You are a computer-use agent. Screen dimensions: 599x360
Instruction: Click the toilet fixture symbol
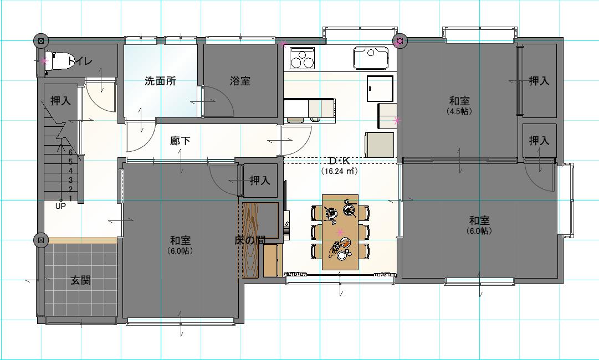coord(59,61)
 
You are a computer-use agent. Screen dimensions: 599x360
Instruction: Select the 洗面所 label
coord(161,81)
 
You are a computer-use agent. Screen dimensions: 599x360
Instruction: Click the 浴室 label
coord(240,81)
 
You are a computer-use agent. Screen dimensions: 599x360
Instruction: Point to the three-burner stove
coord(302,58)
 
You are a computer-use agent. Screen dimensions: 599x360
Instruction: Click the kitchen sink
coord(371,58)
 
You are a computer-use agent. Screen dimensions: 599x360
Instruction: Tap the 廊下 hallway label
coord(180,141)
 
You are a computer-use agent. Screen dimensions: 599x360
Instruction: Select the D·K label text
coord(339,161)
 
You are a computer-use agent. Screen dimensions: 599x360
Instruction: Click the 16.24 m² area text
coord(339,171)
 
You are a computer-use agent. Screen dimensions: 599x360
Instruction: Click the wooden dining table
coord(340,232)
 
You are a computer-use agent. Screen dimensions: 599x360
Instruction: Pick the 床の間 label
coord(250,240)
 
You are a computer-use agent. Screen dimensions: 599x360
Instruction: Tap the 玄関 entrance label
coord(80,280)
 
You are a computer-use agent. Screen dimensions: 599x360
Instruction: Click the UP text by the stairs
coord(61,207)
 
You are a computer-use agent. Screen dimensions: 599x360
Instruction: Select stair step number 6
coord(71,152)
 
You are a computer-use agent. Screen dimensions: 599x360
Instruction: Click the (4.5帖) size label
coord(459,111)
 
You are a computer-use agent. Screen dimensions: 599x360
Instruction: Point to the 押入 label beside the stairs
coord(61,101)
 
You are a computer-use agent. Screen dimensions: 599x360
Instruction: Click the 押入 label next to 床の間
coord(260,181)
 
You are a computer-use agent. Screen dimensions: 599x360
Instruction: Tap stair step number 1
coord(71,198)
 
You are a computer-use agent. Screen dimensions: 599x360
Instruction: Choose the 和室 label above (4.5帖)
coord(459,101)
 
